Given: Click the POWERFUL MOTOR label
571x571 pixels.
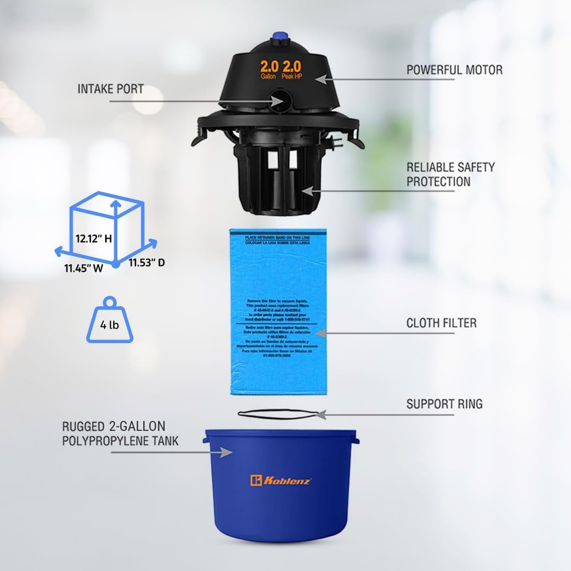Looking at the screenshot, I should (454, 70).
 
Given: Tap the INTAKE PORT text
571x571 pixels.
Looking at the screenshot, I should (110, 89).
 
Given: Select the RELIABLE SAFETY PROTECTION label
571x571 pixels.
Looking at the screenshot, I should (450, 174).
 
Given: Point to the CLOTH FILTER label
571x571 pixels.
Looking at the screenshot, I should (441, 323).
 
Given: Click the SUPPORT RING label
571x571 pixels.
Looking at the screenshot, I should (444, 404).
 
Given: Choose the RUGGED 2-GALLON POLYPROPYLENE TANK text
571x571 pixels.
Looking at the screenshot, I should (120, 433).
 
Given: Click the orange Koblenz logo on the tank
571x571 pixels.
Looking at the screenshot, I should (281, 481).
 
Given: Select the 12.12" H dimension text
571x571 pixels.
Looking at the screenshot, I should (94, 239).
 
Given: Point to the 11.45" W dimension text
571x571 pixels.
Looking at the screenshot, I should (84, 268).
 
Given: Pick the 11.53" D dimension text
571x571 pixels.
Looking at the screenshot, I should (147, 263).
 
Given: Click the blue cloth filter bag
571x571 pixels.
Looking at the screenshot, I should (277, 312).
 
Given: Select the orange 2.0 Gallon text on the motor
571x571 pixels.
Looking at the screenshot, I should (269, 69).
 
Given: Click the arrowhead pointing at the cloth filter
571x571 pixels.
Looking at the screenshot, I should (320, 333).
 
